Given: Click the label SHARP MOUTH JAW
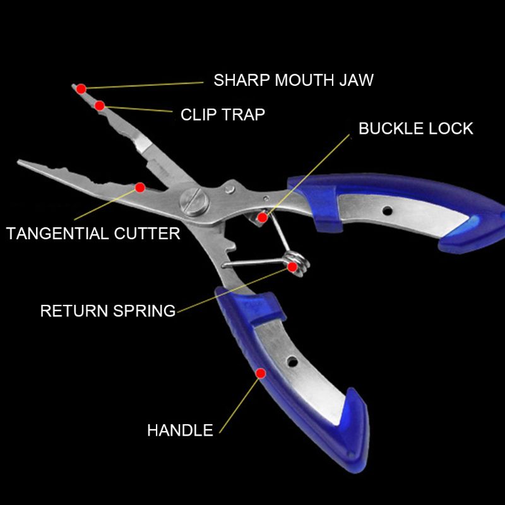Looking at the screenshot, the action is tap(294, 80).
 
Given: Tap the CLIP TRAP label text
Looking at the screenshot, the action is tap(223, 115).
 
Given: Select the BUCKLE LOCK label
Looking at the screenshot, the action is tap(416, 129).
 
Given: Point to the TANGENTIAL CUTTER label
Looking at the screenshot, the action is tap(93, 234).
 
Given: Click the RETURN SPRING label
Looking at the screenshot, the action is tap(108, 311).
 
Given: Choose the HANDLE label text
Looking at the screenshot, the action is tap(180, 431).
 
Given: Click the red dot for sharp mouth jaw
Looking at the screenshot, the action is tap(81, 88).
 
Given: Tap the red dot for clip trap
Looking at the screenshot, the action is tap(100, 105).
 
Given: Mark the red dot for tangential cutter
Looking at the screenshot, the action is tap(140, 187).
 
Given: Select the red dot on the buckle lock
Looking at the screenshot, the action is tap(263, 217).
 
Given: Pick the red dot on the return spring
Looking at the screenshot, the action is tap(292, 266).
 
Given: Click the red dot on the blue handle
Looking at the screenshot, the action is tap(261, 373).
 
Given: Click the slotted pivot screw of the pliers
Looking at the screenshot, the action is tap(194, 202).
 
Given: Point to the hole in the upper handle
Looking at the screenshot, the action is tap(387, 211).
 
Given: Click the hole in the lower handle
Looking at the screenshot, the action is tap(292, 362).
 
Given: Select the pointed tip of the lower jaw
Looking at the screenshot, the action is tap(19, 161).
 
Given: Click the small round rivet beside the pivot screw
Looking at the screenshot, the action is tap(230, 189).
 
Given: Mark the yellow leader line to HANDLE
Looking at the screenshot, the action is tap(239, 406).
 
